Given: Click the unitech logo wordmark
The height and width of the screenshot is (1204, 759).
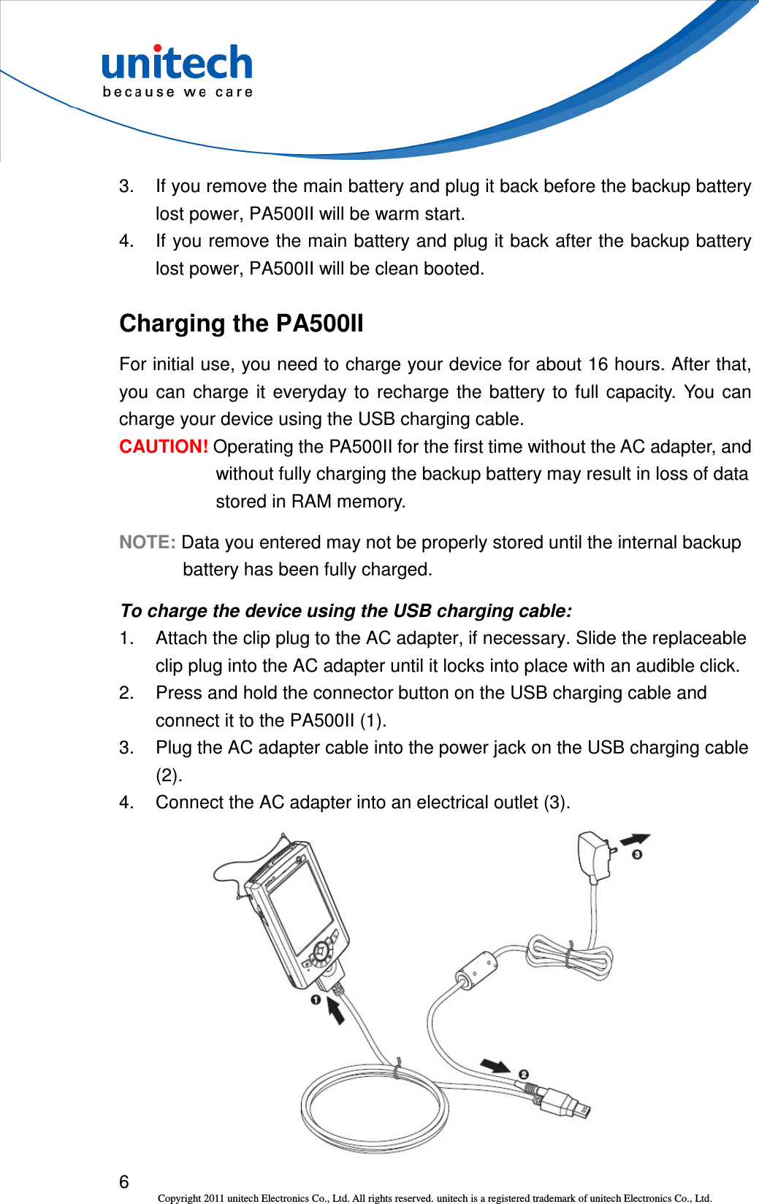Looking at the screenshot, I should (178, 63).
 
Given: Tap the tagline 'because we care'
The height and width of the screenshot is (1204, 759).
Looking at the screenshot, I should (178, 92).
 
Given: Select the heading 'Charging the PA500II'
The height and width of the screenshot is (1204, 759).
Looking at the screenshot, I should (241, 323).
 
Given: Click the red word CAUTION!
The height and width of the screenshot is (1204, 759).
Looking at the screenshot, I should (164, 447).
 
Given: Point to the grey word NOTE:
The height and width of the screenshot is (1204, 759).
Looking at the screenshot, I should (147, 542).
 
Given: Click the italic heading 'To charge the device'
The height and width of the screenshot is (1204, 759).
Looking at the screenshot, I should (346, 611).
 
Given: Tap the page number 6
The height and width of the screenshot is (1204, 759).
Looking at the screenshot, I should (124, 1181).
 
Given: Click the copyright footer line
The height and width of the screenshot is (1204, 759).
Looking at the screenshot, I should (434, 1198).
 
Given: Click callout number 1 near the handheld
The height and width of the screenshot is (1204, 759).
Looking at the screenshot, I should (316, 1000).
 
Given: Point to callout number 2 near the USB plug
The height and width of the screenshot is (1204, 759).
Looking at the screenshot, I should (524, 1074).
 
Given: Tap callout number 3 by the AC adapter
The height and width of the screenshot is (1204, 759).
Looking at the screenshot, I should (637, 854).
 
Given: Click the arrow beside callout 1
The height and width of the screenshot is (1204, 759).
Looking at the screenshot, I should (335, 1011).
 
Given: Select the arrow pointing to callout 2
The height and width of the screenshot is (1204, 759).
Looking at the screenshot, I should (496, 1065).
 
